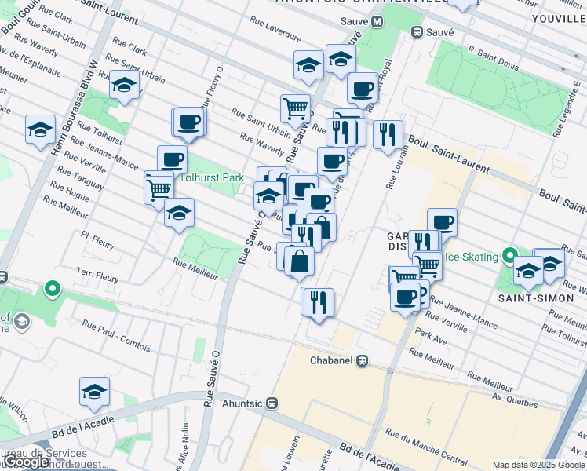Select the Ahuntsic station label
(x=241, y=403)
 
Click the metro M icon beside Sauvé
(x=377, y=22)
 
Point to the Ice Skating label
(x=472, y=257)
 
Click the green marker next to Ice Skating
(x=509, y=256)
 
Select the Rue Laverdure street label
(x=276, y=29)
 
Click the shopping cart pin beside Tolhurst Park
(x=159, y=188)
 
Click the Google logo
(x=27, y=462)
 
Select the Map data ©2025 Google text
(x=538, y=465)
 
